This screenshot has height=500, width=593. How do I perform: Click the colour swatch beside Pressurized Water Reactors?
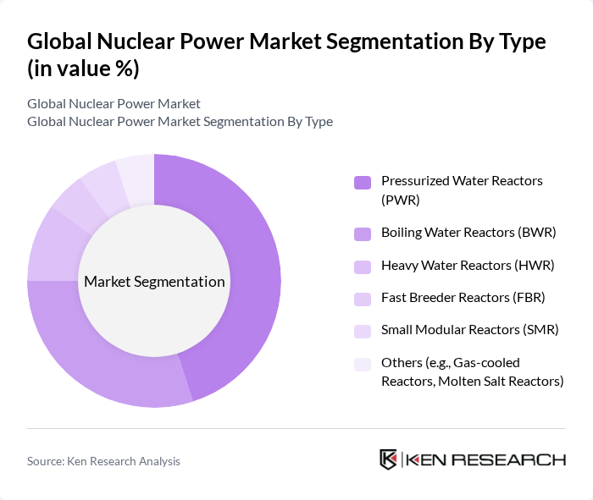tap(362, 182)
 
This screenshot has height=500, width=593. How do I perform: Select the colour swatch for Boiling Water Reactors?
tap(362, 233)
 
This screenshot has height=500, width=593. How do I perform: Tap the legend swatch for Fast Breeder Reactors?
tap(362, 298)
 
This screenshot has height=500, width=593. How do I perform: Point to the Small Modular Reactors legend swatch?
tap(362, 331)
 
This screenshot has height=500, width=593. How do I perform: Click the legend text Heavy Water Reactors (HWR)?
tap(467, 265)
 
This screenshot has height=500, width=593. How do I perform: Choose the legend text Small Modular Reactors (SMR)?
tap(469, 330)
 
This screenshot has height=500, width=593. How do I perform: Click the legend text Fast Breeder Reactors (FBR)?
tap(463, 297)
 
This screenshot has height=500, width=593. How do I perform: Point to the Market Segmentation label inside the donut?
tap(154, 282)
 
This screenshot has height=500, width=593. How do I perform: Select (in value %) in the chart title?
tap(83, 69)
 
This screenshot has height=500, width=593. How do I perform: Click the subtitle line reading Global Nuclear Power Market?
tap(114, 104)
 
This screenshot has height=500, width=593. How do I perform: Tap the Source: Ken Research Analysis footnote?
tap(103, 461)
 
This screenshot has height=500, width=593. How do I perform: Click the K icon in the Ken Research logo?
tap(389, 459)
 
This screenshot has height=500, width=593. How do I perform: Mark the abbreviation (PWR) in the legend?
tap(401, 200)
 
